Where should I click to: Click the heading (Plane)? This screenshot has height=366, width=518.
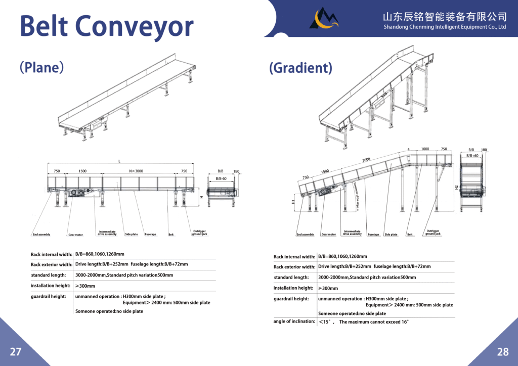click(x=41, y=67)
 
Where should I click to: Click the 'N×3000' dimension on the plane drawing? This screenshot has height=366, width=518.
click(x=136, y=171)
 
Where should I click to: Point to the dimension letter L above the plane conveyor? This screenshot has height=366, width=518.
click(x=119, y=161)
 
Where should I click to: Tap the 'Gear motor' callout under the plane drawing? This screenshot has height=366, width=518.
click(x=75, y=235)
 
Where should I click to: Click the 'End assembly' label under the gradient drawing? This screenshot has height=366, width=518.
click(x=305, y=235)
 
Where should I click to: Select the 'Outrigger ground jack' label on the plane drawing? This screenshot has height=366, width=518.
click(x=199, y=233)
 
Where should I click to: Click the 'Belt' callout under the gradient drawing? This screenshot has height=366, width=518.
click(x=410, y=235)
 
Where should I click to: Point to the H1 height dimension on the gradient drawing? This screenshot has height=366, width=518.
click(x=293, y=202)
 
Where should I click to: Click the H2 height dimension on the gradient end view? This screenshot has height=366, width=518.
click(x=456, y=188)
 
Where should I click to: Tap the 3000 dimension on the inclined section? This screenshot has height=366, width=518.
click(x=366, y=160)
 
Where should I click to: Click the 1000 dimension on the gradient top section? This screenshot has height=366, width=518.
click(x=425, y=149)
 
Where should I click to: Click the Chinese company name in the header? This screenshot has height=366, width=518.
click(x=445, y=16)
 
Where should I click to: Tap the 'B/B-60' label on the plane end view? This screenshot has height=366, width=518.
click(x=221, y=178)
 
